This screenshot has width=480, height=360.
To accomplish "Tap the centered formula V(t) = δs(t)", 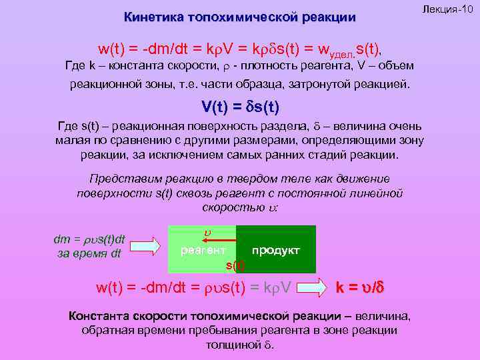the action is pos(239,107).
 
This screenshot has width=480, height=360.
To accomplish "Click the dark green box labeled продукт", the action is pos(276,250).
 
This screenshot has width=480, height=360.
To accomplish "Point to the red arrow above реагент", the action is pos(221,239).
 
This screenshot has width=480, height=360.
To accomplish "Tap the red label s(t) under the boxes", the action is pos(235,265).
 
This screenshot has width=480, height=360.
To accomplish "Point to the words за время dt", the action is pos(89,253).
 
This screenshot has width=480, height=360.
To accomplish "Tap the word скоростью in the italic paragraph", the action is pos(235,207).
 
